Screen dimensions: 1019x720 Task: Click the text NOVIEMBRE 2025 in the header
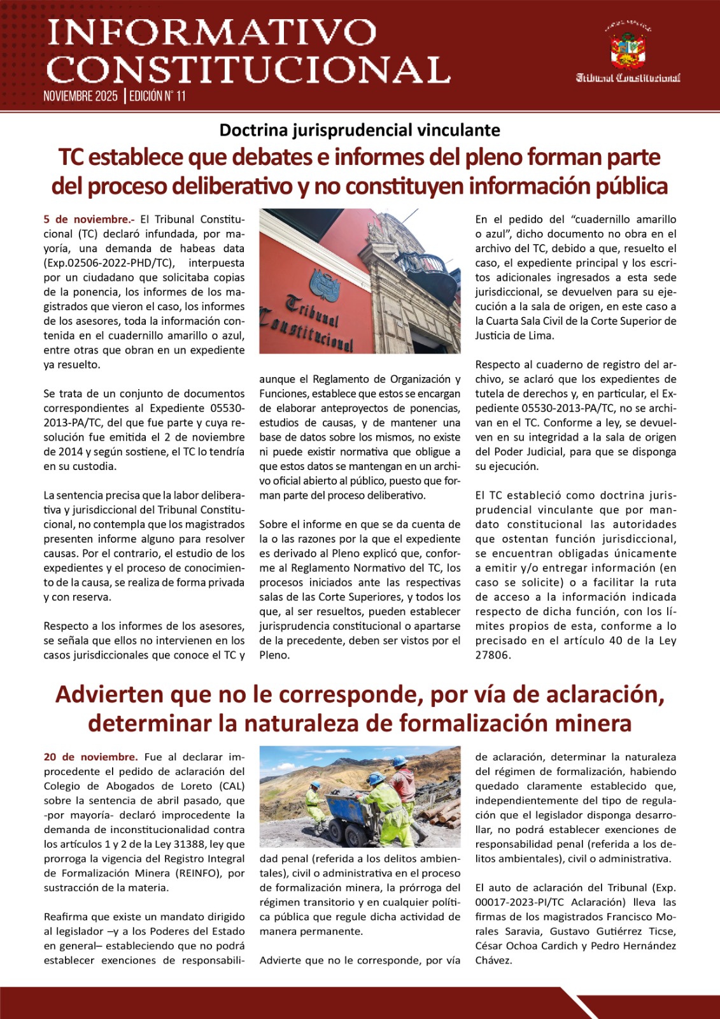tap(81, 96)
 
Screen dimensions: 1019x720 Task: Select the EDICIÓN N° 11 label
tap(157, 96)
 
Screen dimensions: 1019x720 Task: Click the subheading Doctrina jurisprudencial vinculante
tap(360, 130)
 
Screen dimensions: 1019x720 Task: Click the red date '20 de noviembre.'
tap(90, 757)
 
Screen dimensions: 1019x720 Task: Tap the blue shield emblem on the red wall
tap(325, 284)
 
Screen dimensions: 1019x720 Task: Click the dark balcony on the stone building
tap(426, 266)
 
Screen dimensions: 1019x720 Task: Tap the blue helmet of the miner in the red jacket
tap(399, 761)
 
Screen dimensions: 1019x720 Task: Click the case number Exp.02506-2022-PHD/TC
tap(108, 263)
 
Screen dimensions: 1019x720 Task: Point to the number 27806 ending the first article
tap(493, 655)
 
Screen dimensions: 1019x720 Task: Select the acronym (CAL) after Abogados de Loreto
tap(232, 786)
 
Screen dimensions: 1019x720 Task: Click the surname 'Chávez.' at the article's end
tap(493, 960)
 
